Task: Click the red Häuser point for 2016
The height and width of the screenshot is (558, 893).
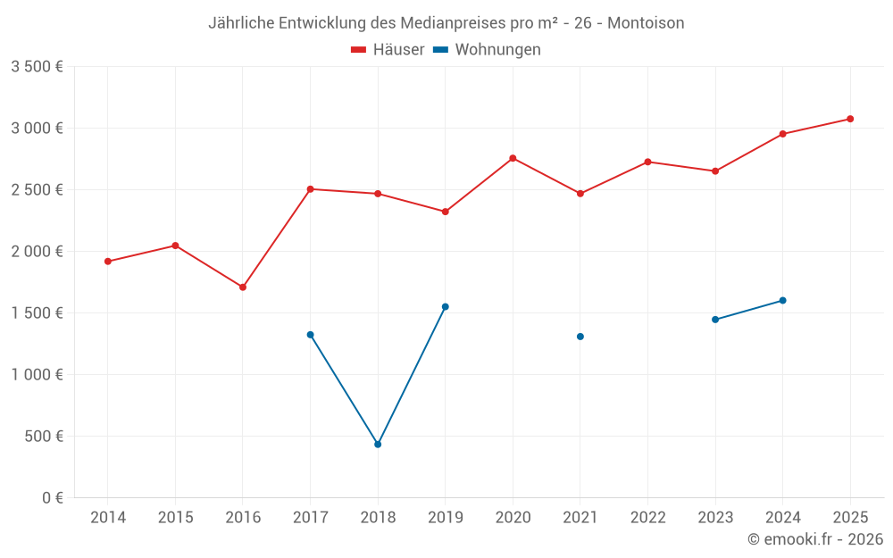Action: pyautogui.click(x=243, y=287)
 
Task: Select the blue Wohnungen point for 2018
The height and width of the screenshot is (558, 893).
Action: pyautogui.click(x=378, y=444)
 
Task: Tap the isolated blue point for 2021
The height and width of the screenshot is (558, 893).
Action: pyautogui.click(x=580, y=337)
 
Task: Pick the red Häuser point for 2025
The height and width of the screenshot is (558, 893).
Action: pyautogui.click(x=850, y=119)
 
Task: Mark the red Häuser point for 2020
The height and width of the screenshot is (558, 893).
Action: pyautogui.click(x=513, y=158)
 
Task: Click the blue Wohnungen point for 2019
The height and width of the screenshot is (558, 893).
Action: pyautogui.click(x=446, y=307)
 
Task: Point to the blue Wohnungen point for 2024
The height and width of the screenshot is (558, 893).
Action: pyautogui.click(x=783, y=300)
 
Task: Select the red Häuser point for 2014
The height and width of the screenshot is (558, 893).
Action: pyautogui.click(x=108, y=262)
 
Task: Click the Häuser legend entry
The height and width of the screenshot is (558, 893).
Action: pyautogui.click(x=388, y=50)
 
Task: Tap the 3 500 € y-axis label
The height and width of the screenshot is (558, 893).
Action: pyautogui.click(x=37, y=67)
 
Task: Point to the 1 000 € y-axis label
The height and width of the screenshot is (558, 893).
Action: pyautogui.click(x=37, y=375)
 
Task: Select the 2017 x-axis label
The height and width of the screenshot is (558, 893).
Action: pyautogui.click(x=310, y=518)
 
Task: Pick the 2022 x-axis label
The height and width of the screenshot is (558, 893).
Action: pyautogui.click(x=647, y=518)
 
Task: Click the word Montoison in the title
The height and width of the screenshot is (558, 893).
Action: pyautogui.click(x=646, y=23)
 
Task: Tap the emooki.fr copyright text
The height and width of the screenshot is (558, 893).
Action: pyautogui.click(x=814, y=539)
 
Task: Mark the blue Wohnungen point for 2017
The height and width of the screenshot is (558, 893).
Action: pyautogui.click(x=310, y=335)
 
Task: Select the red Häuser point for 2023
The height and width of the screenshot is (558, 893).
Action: pyautogui.click(x=715, y=171)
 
